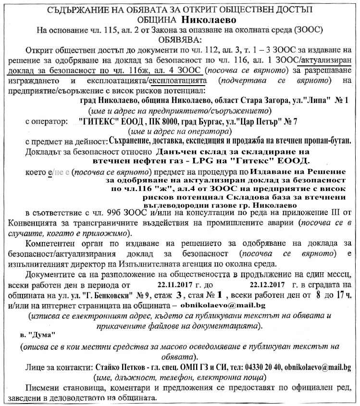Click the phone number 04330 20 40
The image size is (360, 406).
263,367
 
